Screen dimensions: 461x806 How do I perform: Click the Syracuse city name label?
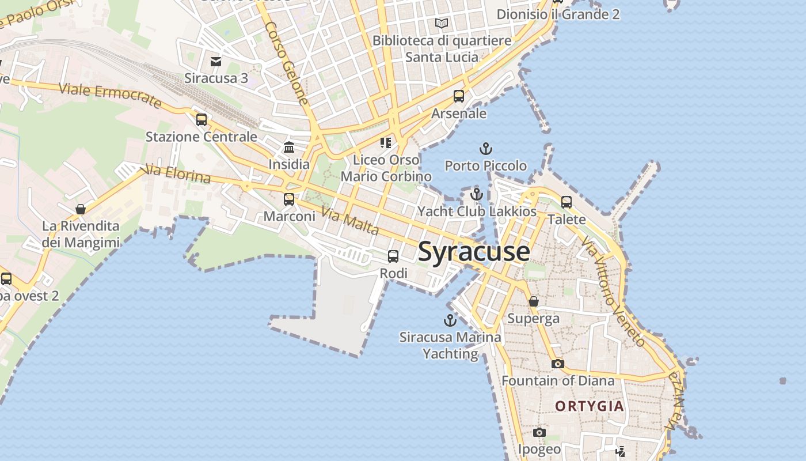click(x=474, y=252)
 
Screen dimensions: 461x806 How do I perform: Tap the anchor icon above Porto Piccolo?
click(x=486, y=149)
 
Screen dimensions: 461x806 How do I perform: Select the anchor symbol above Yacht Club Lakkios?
click(x=476, y=194)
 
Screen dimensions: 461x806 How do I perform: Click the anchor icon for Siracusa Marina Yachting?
click(x=450, y=320)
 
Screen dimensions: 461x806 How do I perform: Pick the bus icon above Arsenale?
click(x=459, y=96)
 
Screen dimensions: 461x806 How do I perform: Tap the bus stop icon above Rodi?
click(x=393, y=256)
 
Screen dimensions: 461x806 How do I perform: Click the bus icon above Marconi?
click(x=289, y=199)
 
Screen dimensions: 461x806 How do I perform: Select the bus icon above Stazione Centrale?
click(x=201, y=120)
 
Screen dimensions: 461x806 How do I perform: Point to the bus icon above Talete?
click(x=567, y=202)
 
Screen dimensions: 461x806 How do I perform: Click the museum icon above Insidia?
click(x=289, y=148)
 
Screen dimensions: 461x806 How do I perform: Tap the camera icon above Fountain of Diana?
click(x=557, y=364)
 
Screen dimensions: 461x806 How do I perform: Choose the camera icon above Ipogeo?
click(x=539, y=432)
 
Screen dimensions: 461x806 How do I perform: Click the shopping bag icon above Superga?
click(x=534, y=301)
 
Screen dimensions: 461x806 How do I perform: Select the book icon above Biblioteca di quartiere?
click(x=442, y=24)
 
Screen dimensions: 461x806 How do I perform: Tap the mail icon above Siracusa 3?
click(x=216, y=62)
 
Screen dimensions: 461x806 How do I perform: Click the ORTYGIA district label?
click(x=590, y=406)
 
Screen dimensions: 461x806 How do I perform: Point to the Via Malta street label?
click(x=350, y=221)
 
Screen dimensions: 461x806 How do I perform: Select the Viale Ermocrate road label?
click(x=110, y=96)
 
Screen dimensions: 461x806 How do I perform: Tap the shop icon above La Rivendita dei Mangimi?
click(x=81, y=209)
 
